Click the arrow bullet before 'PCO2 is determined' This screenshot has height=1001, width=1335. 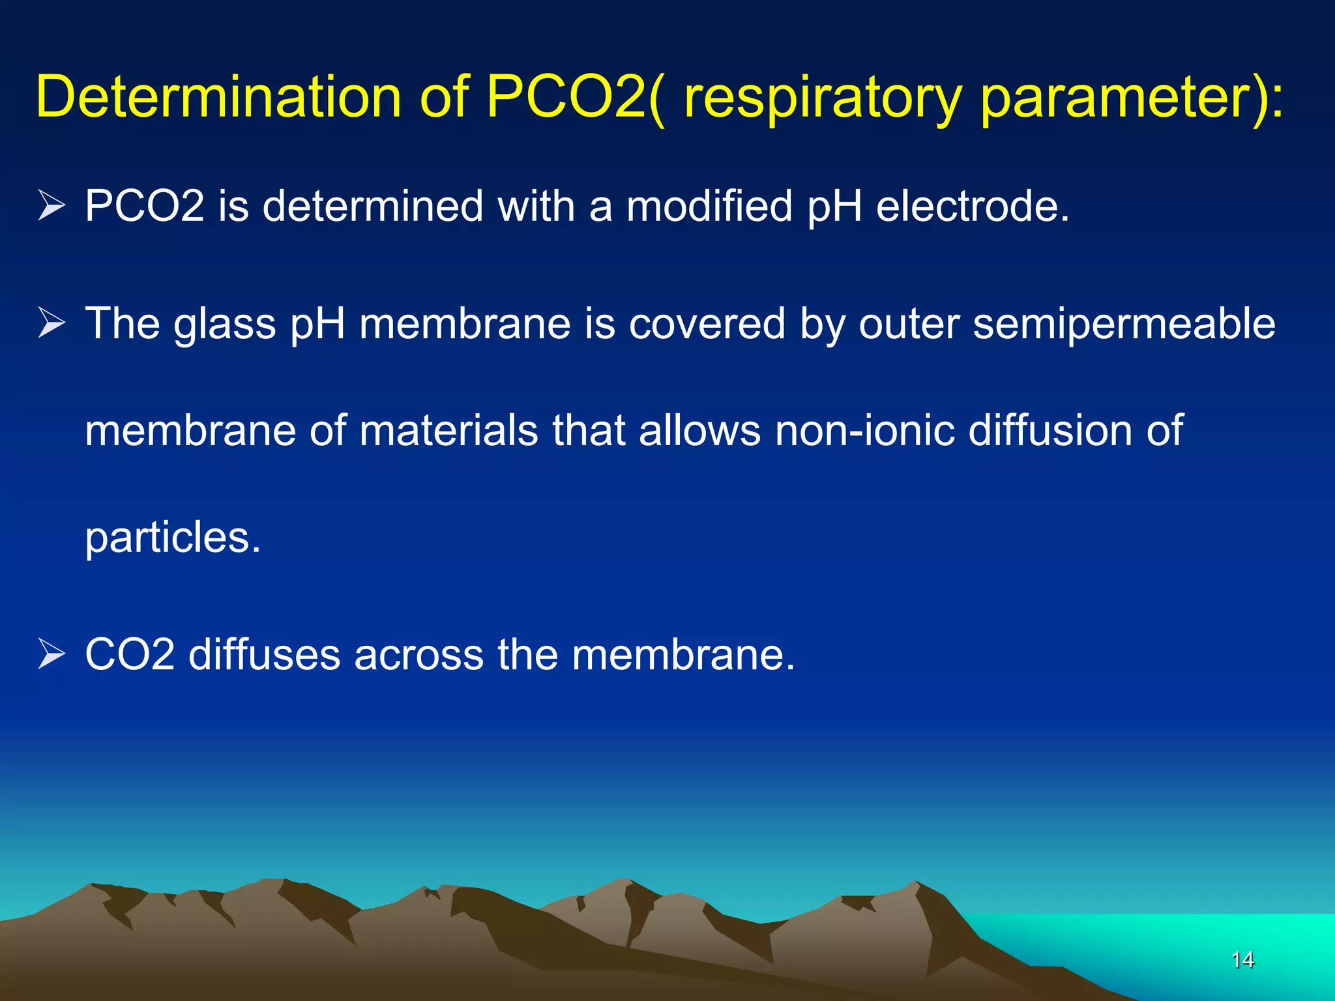tap(51, 205)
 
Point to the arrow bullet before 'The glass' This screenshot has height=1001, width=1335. tap(51, 323)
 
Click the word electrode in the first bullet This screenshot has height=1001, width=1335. tap(972, 206)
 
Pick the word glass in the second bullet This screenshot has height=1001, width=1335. tap(224, 324)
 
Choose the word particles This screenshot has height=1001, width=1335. tap(173, 538)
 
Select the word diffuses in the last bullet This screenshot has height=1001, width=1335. tap(264, 654)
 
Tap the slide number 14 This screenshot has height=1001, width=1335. tap(1242, 959)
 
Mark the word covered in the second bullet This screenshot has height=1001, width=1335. tap(707, 324)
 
